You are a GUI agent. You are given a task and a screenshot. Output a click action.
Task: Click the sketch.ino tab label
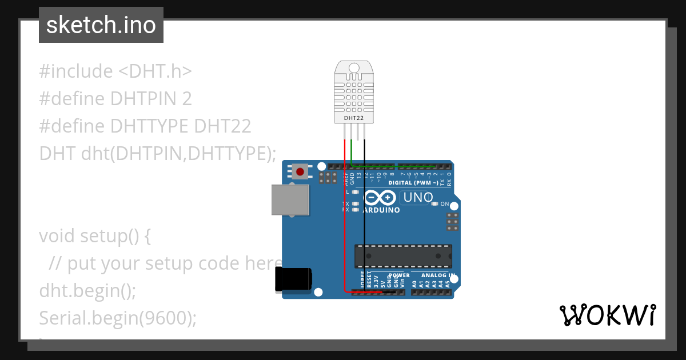tap(101, 25)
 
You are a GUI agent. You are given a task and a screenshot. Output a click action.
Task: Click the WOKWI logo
tap(607, 315)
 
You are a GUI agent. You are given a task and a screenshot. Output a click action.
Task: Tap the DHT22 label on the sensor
tap(353, 118)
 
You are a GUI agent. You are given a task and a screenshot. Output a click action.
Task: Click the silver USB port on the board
tap(290, 199)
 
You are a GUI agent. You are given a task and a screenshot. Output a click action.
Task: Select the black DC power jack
tap(293, 279)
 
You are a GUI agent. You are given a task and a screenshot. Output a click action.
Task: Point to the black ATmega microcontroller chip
tap(403, 256)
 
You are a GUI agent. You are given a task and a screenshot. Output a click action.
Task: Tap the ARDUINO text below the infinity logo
tap(381, 210)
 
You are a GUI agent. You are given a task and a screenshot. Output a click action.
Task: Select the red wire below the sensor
tap(344, 217)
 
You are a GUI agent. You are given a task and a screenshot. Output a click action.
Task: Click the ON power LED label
tap(445, 204)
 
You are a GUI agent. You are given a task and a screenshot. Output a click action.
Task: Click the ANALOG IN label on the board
tap(437, 275)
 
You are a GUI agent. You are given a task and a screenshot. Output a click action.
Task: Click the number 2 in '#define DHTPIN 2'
tap(186, 99)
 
